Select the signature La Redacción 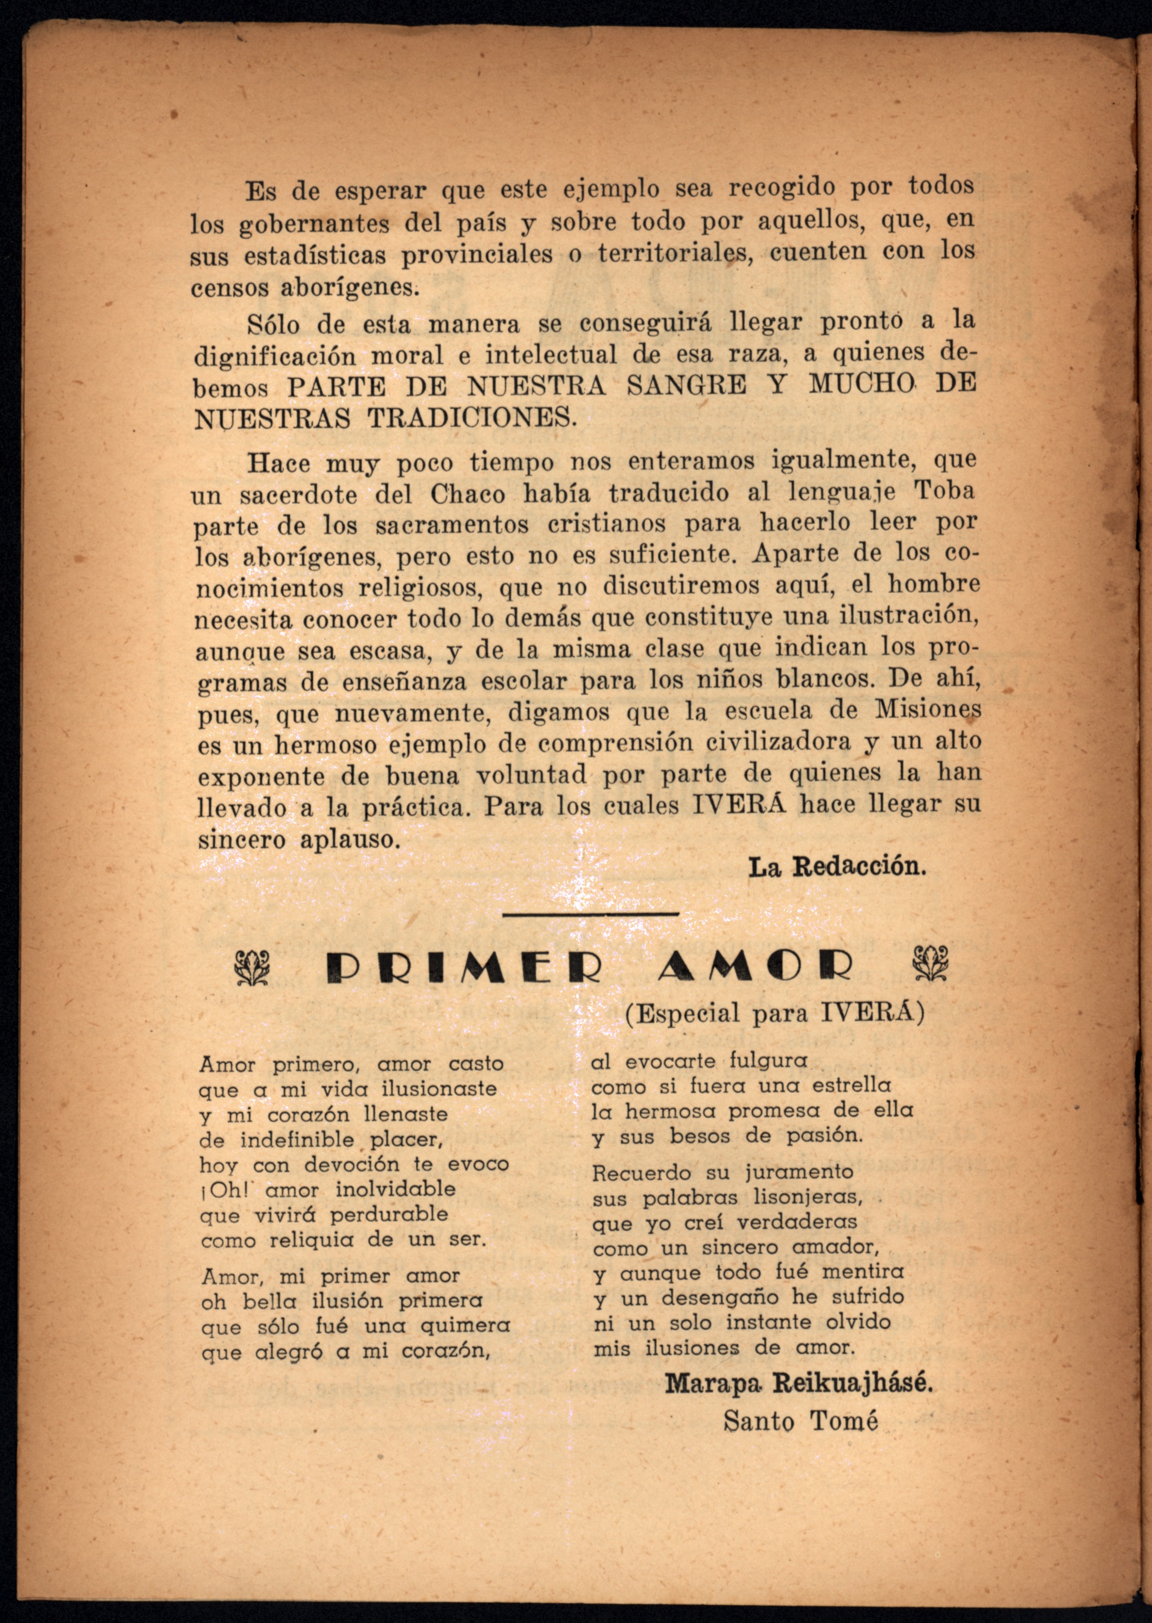tap(837, 867)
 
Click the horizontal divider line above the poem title tap(590, 915)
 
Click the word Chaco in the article tap(468, 494)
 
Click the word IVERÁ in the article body tap(740, 805)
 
